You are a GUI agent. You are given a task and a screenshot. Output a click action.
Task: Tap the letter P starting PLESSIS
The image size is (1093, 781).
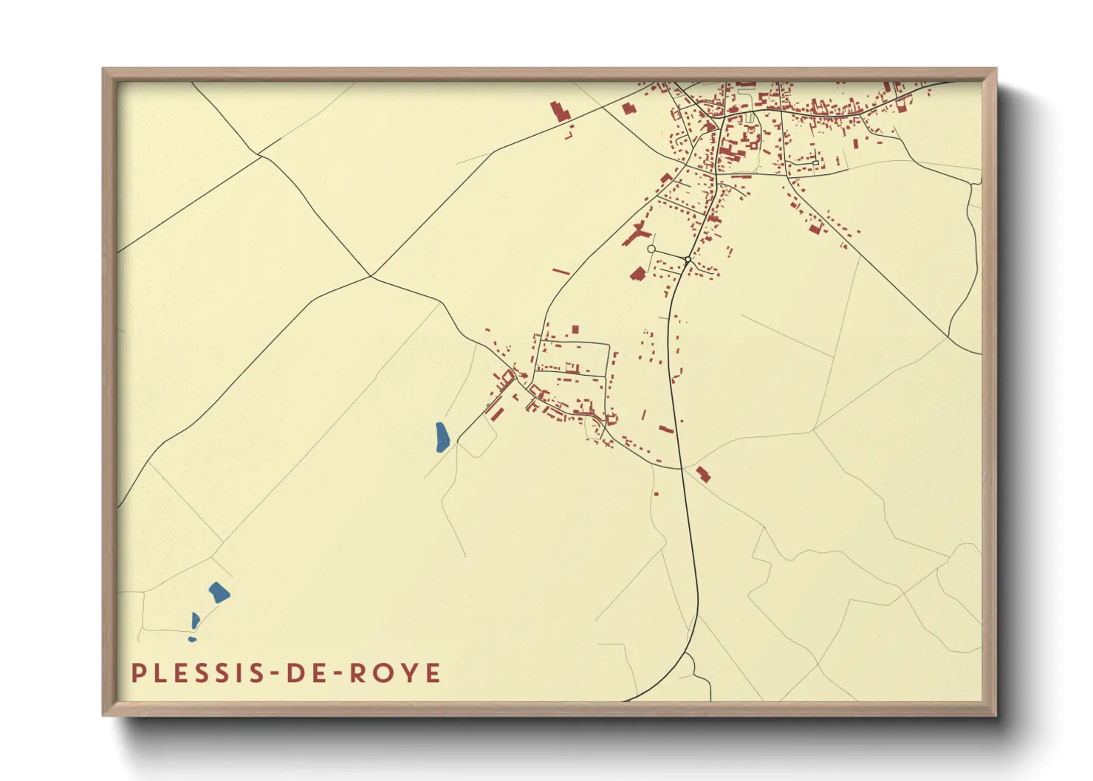pyautogui.click(x=137, y=672)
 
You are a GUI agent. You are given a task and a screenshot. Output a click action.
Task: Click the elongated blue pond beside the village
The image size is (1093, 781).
pyautogui.click(x=441, y=437)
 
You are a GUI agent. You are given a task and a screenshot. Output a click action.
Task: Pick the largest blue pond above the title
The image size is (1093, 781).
pyautogui.click(x=219, y=592)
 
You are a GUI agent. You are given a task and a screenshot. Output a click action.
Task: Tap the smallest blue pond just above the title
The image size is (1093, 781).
pyautogui.click(x=192, y=639)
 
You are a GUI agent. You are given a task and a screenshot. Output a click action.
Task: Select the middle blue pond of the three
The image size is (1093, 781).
pyautogui.click(x=195, y=620)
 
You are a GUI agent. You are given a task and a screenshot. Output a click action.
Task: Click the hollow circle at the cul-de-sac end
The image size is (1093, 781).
pyautogui.click(x=651, y=250)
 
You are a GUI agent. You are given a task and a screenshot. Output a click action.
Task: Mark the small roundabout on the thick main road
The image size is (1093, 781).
pyautogui.click(x=688, y=259)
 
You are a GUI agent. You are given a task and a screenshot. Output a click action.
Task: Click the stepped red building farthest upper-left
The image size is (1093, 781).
pyautogui.click(x=559, y=111)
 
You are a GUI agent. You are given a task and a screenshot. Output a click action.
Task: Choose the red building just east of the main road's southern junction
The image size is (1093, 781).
pyautogui.click(x=702, y=473)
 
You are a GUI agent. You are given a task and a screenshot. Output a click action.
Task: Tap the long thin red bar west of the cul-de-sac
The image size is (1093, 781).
pyautogui.click(x=561, y=272)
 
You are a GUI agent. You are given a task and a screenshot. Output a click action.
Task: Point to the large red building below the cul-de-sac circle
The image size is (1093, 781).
pyautogui.click(x=638, y=275)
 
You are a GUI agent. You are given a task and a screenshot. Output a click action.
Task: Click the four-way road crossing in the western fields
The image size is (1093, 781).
pyautogui.click(x=371, y=276)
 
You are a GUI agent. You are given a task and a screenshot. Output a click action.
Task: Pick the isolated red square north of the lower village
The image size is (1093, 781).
pyautogui.click(x=575, y=329)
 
